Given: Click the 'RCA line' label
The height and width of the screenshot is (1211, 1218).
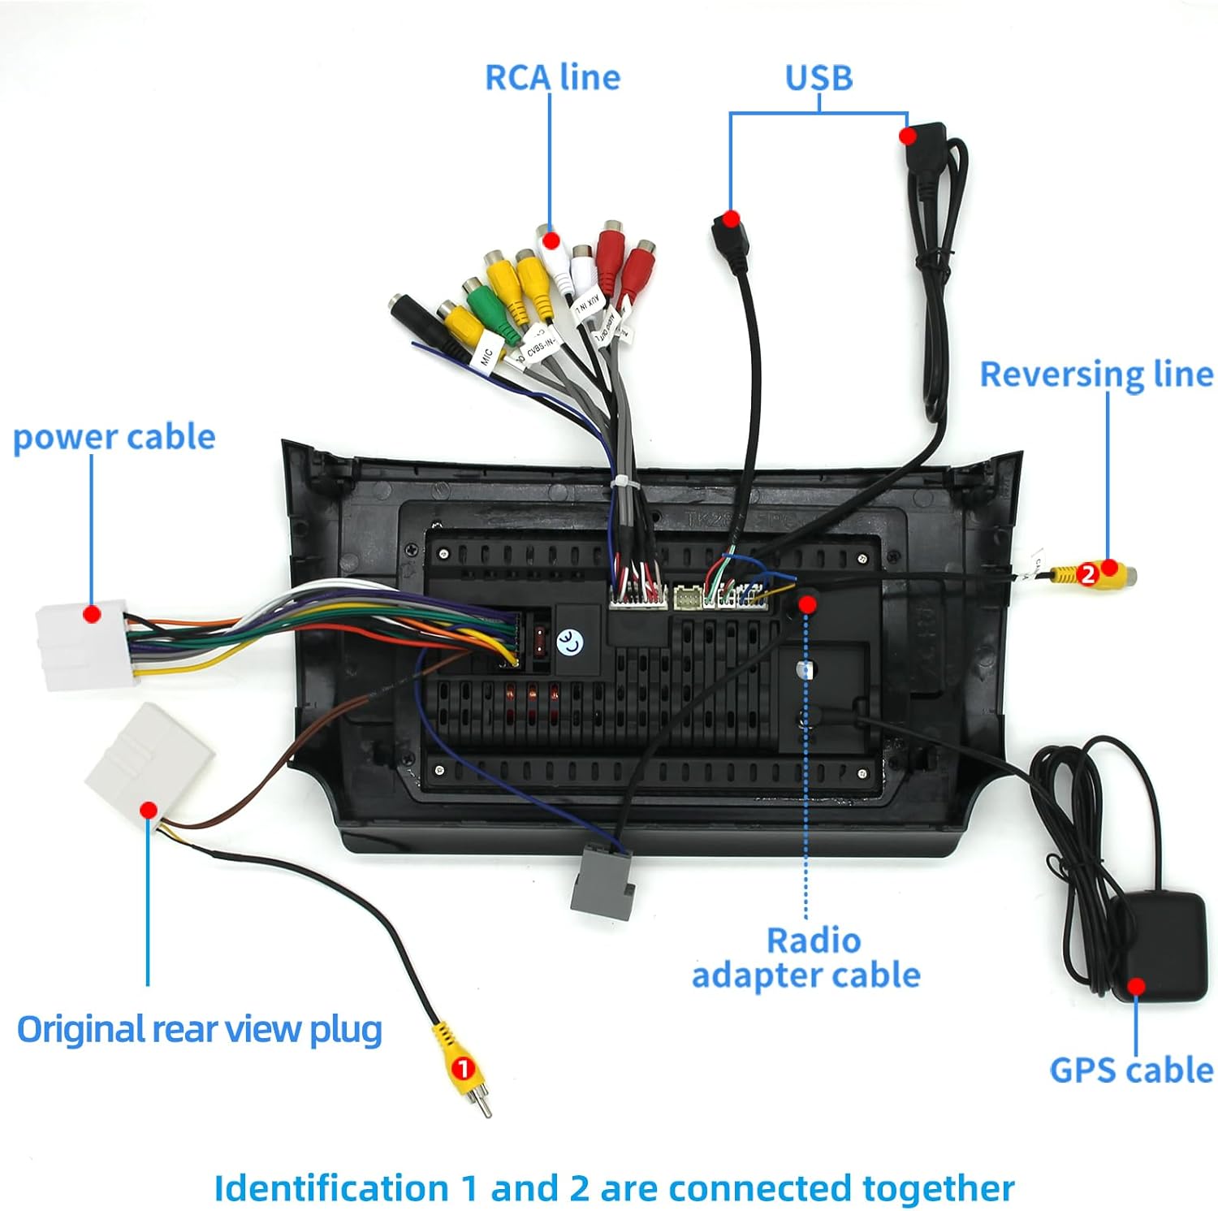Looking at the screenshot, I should [x=552, y=77].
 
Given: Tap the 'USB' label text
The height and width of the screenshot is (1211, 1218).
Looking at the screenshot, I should [x=818, y=78].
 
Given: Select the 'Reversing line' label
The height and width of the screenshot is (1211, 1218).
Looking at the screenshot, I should [x=1096, y=374].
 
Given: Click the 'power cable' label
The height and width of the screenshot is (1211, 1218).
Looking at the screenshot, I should [x=114, y=438].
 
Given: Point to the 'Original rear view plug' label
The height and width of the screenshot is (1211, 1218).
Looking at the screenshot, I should [x=200, y=1029].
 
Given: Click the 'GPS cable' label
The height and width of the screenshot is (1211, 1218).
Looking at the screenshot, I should [x=1131, y=1070].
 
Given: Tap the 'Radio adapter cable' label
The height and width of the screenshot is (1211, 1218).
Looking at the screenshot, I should [x=806, y=958].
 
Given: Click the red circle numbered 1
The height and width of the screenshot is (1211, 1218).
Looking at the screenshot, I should [x=463, y=1068].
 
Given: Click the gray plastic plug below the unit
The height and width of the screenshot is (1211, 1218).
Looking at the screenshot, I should [x=602, y=882].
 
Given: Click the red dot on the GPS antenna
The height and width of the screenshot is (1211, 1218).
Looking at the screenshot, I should [x=1137, y=986].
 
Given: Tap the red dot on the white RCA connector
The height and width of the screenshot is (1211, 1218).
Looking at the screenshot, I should [x=551, y=240].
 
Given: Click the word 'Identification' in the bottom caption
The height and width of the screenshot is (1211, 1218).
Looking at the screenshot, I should [x=330, y=1188].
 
